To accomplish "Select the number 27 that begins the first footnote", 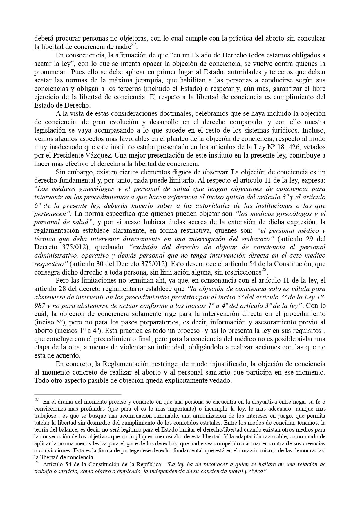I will [x=37, y=400].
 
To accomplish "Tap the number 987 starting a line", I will [x=39, y=306].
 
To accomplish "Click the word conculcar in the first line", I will [x=313, y=38].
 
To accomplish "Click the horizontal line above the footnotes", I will [x=77, y=395].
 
